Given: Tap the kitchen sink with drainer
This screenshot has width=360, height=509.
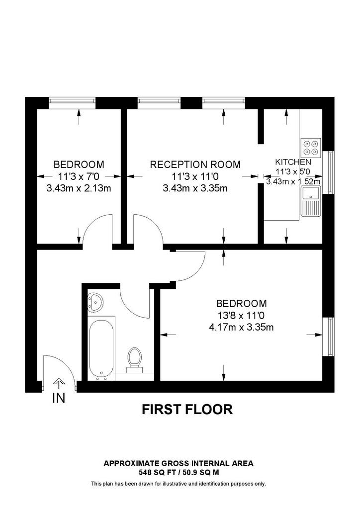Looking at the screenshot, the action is (311, 201).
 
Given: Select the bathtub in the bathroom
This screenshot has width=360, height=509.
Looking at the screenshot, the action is (101, 348).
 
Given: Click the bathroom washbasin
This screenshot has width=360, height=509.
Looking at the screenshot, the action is (95, 302).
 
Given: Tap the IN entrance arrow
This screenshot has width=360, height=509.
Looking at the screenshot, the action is (59, 383).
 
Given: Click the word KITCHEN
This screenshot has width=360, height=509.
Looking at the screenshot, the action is (293, 162).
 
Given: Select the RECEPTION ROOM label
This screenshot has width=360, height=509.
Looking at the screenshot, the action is (195, 164).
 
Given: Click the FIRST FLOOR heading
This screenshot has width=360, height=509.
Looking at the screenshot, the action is (187, 410).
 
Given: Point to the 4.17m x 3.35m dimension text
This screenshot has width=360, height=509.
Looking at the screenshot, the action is (241, 327).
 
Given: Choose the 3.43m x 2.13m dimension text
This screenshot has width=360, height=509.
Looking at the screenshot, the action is (79, 188).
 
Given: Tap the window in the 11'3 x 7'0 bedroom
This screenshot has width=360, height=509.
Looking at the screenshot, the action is (73, 103).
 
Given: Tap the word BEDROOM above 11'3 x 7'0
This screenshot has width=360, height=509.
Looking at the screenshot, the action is (79, 164).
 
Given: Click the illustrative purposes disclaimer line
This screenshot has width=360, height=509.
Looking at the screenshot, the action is (179, 484).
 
